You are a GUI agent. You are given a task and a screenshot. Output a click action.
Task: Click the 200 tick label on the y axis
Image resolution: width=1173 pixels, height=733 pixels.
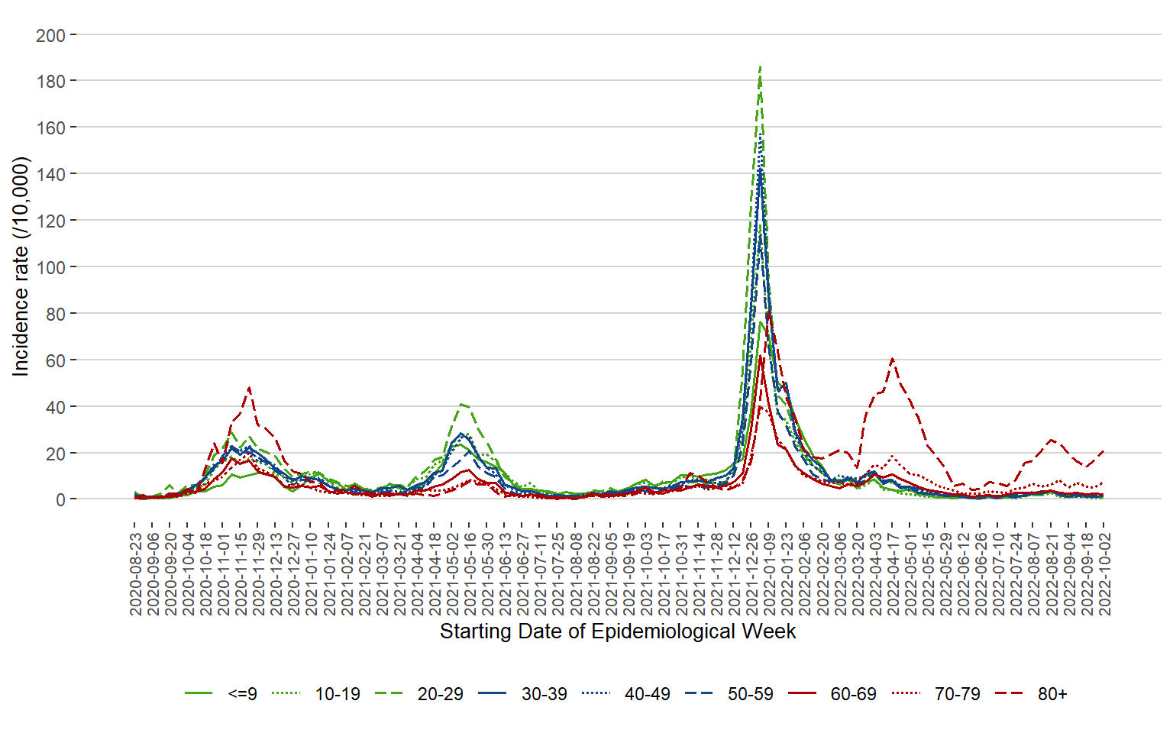click(x=50, y=35)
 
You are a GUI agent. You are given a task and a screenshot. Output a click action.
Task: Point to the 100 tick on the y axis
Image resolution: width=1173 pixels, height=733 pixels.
click(x=50, y=267)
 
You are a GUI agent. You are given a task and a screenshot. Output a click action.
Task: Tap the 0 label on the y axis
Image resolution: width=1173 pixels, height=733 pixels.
click(x=60, y=500)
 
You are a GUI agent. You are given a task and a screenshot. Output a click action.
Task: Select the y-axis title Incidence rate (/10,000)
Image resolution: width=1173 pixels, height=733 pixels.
click(x=21, y=266)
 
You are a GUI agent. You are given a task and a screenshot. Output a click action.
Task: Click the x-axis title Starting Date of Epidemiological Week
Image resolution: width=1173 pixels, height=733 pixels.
click(x=618, y=631)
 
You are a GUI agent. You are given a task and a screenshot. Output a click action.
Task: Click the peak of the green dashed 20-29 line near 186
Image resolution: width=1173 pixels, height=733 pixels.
click(x=760, y=66)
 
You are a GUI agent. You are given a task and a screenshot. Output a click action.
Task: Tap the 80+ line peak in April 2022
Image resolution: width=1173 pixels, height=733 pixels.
click(x=892, y=358)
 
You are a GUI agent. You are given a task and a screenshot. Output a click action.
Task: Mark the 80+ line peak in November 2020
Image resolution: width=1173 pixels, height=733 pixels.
click(x=249, y=388)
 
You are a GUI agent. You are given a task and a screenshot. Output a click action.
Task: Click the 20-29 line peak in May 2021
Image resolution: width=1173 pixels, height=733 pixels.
click(x=461, y=404)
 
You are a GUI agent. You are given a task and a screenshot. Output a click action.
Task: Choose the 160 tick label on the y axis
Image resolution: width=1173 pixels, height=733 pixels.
click(x=50, y=128)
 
